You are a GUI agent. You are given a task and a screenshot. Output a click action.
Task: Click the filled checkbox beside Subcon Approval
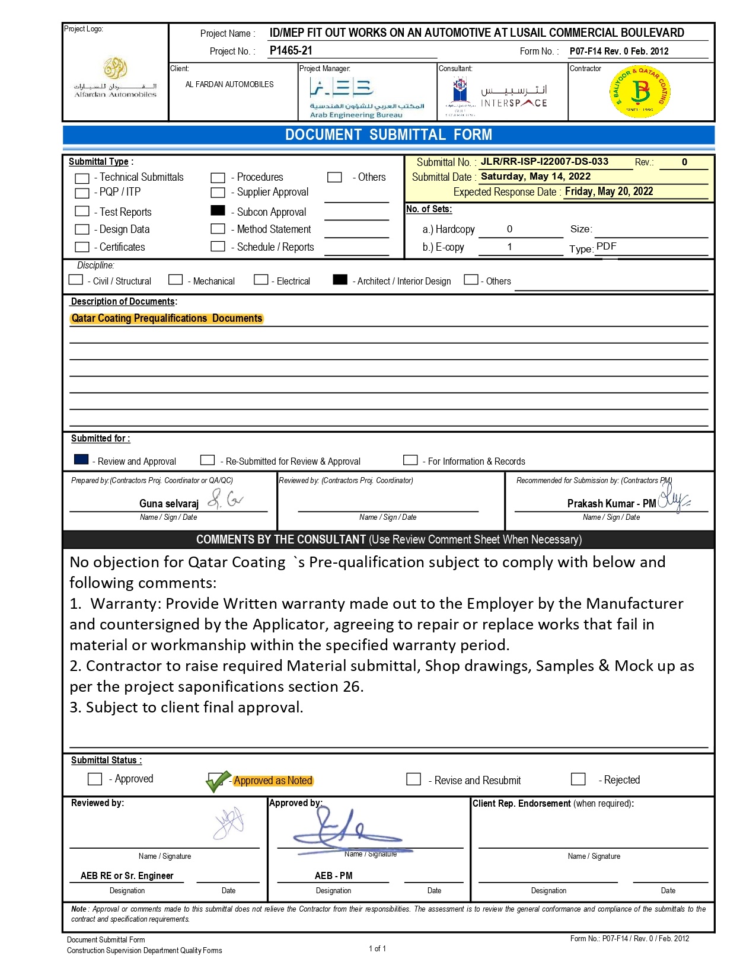[218, 210]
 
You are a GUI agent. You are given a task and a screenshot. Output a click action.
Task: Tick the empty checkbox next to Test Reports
[82, 211]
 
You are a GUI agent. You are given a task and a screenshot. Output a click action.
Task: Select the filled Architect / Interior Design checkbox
[340, 280]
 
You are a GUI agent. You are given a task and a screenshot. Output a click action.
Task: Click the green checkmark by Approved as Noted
[216, 782]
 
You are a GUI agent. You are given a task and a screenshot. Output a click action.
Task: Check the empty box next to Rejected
[578, 779]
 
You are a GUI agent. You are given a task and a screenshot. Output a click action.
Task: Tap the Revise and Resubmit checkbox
[413, 779]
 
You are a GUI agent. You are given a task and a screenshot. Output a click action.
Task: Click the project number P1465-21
[291, 50]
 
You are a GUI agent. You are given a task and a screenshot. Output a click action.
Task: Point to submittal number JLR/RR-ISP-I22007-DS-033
[544, 161]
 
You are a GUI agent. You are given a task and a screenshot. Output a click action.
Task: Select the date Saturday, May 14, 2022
[535, 176]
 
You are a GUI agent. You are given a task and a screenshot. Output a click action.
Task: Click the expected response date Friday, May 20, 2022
[608, 191]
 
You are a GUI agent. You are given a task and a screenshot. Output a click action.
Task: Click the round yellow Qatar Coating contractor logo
[640, 92]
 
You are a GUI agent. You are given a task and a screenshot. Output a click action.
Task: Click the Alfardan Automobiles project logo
[116, 77]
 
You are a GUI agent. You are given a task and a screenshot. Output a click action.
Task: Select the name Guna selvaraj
[168, 503]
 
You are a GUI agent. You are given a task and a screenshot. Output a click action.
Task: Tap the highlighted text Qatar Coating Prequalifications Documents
[167, 318]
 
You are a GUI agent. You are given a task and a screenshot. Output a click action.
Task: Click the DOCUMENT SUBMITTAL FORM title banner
[388, 135]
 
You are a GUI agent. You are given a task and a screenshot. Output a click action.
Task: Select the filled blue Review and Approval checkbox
[81, 459]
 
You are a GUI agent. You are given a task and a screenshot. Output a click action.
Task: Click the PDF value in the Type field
[606, 247]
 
